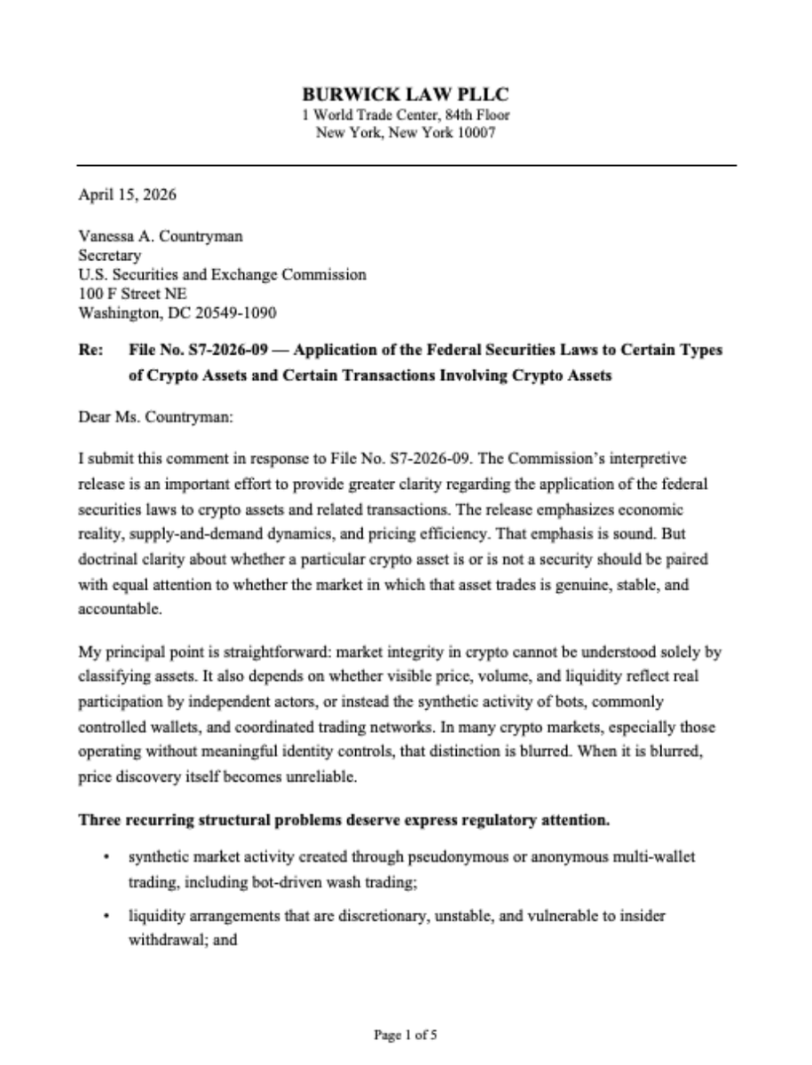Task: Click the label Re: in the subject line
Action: tap(90, 351)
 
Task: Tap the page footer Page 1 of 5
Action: tap(406, 1034)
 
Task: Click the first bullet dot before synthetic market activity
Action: tap(106, 859)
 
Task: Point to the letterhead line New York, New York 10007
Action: tap(406, 133)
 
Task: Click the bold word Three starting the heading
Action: tap(99, 821)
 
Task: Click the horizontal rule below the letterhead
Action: tap(406, 165)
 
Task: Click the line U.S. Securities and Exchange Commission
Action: tap(222, 275)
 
